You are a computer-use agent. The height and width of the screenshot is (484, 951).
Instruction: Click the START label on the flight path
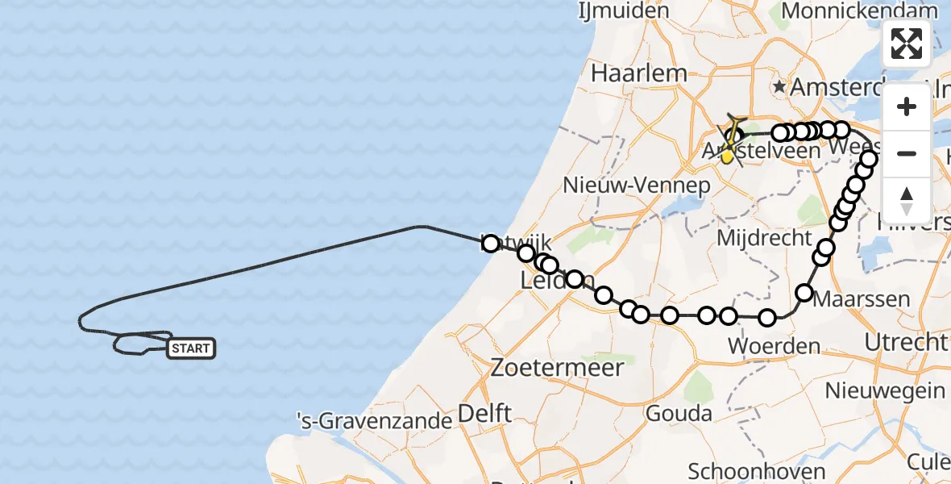tap(191, 348)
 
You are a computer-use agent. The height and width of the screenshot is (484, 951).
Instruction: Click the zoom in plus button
tap(907, 106)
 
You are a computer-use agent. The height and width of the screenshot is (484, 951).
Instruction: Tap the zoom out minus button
tap(907, 153)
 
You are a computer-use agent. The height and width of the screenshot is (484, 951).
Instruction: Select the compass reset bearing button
tap(907, 200)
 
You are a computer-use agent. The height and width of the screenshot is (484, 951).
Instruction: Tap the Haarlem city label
tap(637, 73)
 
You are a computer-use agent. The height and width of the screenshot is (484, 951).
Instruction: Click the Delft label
tap(484, 414)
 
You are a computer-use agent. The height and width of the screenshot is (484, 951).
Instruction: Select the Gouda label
tap(680, 414)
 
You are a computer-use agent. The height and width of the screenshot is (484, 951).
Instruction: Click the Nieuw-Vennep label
tap(637, 186)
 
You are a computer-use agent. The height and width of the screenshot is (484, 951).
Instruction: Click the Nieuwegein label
tap(885, 391)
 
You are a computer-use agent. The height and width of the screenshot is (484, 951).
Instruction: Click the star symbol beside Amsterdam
tap(779, 86)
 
